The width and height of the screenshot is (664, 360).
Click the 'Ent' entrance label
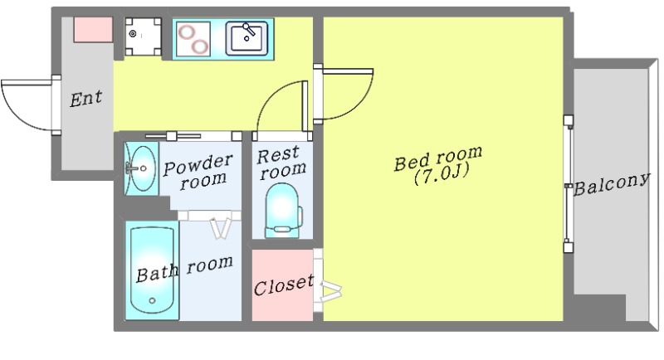(86, 99)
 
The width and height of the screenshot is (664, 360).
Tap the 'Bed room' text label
(438, 158)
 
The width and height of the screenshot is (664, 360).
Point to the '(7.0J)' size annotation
(442, 174)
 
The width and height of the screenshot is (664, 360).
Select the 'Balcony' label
(612, 184)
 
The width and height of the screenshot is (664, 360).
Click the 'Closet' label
(284, 285)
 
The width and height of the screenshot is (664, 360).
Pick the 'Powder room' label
(198, 172)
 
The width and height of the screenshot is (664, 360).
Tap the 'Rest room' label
(281, 163)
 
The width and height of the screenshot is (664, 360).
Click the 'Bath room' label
(184, 269)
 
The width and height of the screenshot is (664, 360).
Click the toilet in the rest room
(283, 210)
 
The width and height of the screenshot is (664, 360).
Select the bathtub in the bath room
(152, 270)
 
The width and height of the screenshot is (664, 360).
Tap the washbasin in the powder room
(141, 168)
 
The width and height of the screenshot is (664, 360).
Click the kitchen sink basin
(247, 38)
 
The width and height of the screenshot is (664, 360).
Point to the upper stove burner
(186, 32)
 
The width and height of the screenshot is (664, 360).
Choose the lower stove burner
(200, 46)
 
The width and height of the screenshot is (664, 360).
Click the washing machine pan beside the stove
(143, 36)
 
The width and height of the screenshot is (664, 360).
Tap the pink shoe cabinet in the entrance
(93, 30)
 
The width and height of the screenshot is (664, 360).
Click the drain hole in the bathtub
(152, 301)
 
